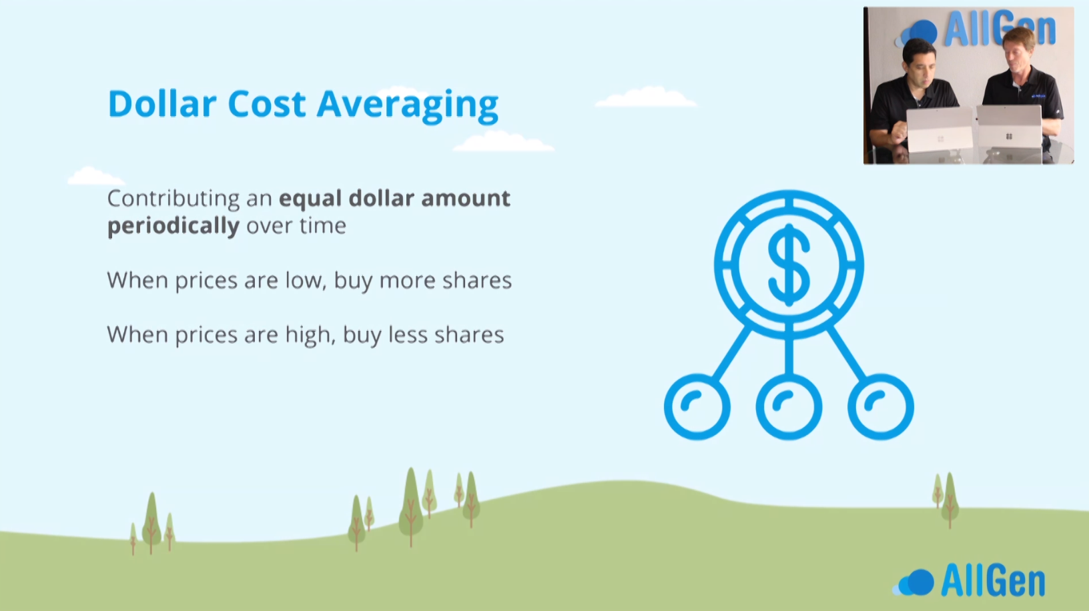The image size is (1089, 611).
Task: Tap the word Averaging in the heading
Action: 408,105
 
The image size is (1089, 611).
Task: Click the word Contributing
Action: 173,199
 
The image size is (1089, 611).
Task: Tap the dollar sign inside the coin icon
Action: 789,265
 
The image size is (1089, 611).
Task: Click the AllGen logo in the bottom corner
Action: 969,580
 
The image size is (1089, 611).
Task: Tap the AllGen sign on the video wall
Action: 975,30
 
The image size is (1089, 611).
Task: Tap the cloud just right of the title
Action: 646,97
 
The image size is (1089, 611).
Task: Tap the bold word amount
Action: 465,199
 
